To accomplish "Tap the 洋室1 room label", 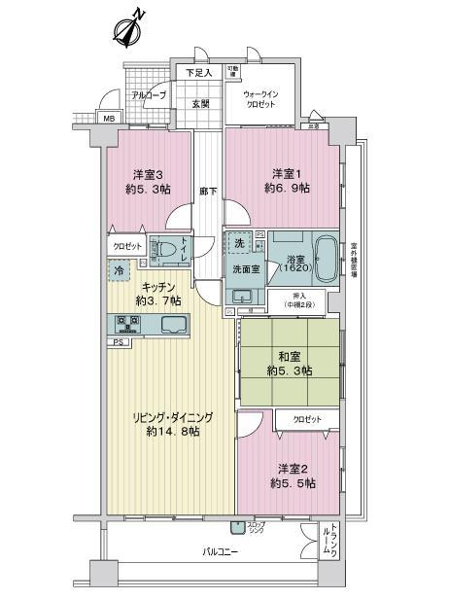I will tap(285, 182).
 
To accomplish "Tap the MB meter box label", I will tap(109, 120).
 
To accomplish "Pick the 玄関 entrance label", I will tap(200, 103).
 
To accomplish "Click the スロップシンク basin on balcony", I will tap(237, 528).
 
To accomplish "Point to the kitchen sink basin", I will tap(172, 324).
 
